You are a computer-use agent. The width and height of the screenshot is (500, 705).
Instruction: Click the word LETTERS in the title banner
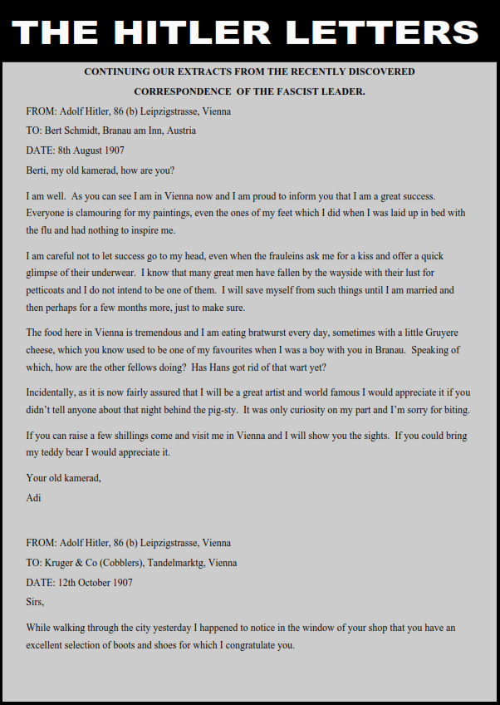coord(383,32)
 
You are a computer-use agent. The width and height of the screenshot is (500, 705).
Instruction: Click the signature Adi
coord(33,498)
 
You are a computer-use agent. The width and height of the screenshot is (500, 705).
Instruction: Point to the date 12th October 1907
coord(94,583)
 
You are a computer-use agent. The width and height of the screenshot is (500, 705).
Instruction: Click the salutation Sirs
coord(35,603)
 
